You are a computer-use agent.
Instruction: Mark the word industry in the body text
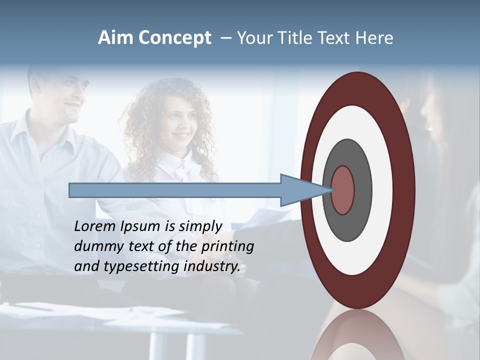coord(212,266)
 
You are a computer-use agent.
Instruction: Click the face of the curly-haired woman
coord(177,125)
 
